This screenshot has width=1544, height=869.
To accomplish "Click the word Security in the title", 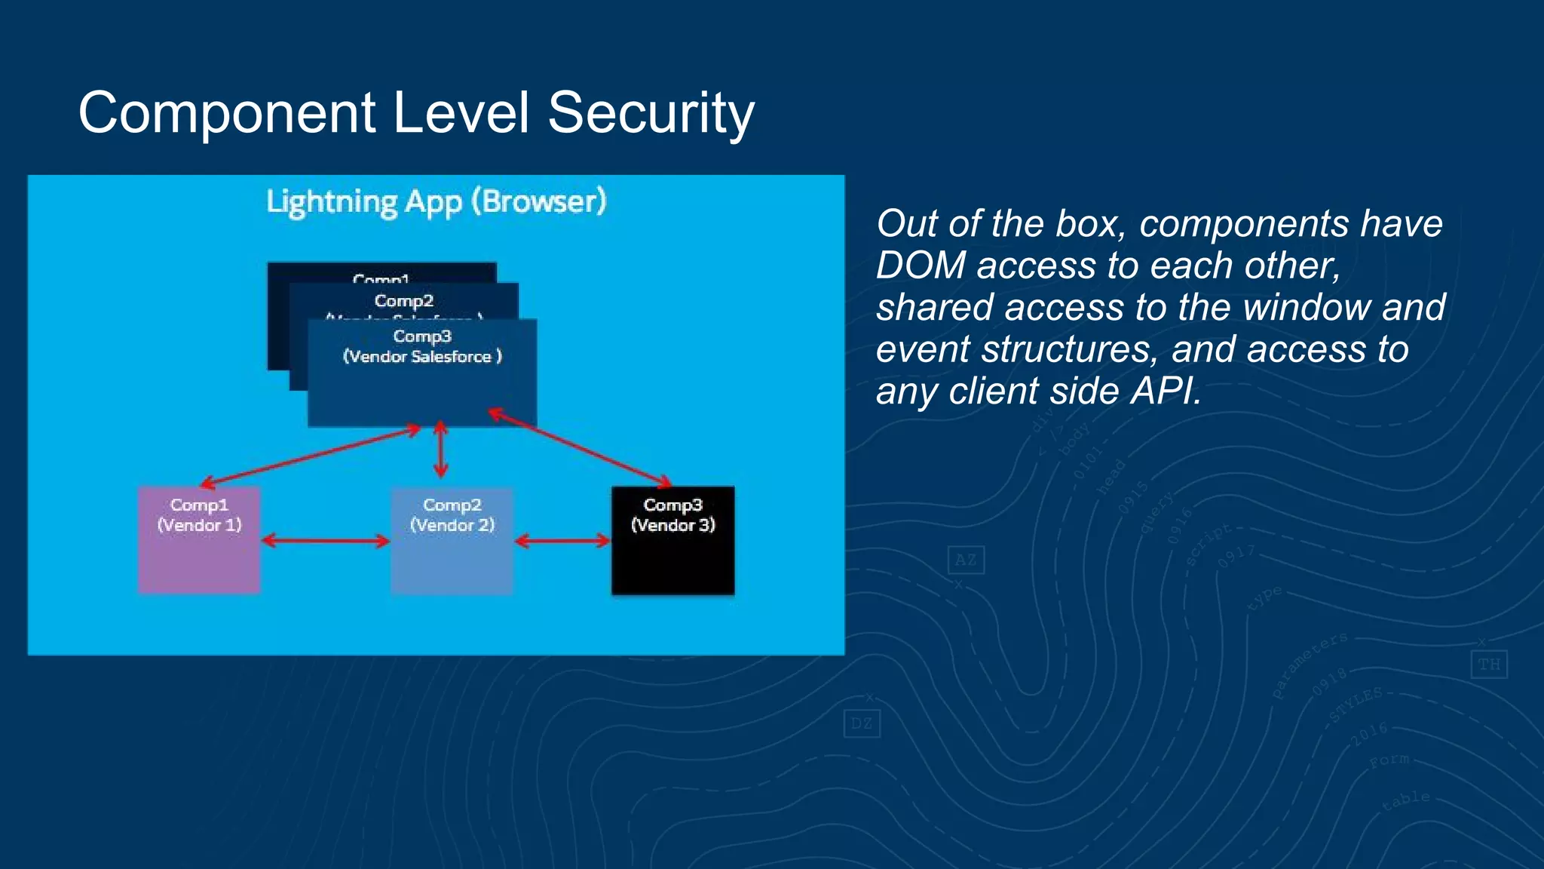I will tap(650, 113).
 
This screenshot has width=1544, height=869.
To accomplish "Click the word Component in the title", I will tap(226, 113).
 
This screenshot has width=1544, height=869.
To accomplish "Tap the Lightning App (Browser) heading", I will tap(436, 202).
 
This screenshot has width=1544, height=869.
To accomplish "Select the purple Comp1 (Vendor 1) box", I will tap(199, 540).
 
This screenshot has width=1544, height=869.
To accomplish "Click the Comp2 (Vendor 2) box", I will tap(452, 540).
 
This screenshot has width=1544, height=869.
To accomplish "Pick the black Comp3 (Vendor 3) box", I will tap(672, 540).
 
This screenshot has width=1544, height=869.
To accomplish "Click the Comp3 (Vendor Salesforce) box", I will tap(422, 377).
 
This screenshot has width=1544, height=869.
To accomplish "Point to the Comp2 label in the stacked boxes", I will tap(404, 301).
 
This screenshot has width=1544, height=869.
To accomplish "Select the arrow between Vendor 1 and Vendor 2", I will tap(326, 540).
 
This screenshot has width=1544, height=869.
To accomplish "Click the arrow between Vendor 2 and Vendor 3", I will tap(562, 540).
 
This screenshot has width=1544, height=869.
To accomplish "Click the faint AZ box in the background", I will tap(966, 560).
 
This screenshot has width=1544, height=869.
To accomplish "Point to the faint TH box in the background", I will tap(1488, 665).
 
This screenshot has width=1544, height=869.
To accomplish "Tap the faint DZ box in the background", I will tap(861, 724).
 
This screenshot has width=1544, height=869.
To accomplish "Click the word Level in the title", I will tap(461, 113).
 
